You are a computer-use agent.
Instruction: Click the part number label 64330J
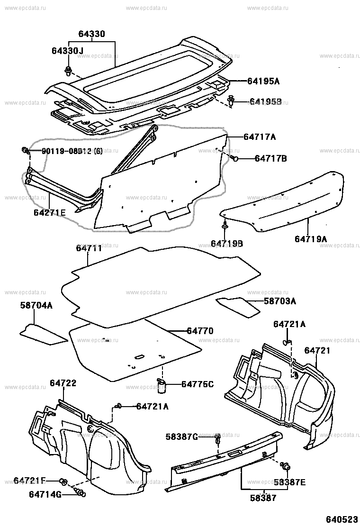pos(67,51)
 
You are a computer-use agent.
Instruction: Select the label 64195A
pos(263,81)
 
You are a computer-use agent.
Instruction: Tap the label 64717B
pos(271,158)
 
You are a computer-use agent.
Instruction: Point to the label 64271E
pos(50,213)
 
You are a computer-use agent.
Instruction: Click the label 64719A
pos(311,239)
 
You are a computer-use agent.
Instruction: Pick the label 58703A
pos(280,301)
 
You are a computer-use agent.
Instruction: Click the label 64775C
pos(198,383)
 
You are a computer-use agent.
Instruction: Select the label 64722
pos(63,383)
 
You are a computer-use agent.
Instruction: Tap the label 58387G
pos(182,436)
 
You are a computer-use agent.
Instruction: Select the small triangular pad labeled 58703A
pos(238,306)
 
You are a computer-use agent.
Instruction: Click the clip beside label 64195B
pos(231,101)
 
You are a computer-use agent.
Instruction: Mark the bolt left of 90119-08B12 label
pos(25,151)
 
